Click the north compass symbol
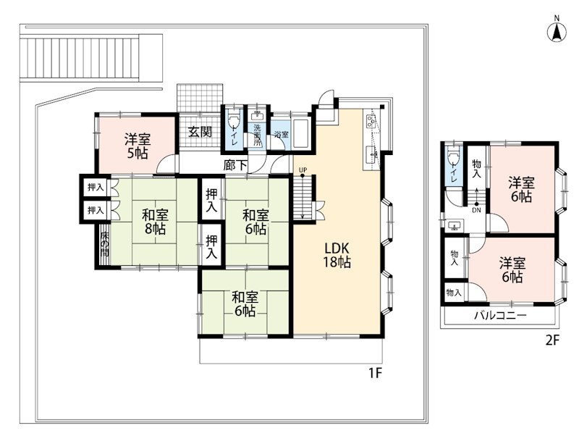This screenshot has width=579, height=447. click(x=557, y=30)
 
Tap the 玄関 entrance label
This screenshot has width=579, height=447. click(x=200, y=132)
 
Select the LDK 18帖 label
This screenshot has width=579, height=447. click(x=337, y=254)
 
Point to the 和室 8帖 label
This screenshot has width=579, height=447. click(x=155, y=222)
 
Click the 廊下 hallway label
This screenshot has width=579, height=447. click(x=235, y=165)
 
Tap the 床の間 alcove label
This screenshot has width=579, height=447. click(x=104, y=243)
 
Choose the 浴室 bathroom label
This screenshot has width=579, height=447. click(x=282, y=135)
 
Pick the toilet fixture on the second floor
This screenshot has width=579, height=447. click(x=453, y=157)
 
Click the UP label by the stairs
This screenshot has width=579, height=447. click(x=303, y=170)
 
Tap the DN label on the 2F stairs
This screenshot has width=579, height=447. click(x=477, y=210)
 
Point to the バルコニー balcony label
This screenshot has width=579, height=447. click(x=500, y=316)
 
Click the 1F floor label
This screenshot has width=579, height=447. click(x=375, y=374)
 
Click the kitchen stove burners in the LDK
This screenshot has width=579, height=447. click(x=371, y=120)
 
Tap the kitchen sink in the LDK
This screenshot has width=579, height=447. click(x=371, y=154)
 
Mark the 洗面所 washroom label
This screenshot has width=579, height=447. click(x=257, y=135)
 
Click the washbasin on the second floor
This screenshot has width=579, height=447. click(x=453, y=225)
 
